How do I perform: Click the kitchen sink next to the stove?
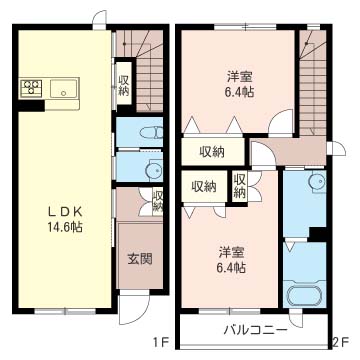[x=63, y=89]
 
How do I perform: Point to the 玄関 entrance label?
[x=139, y=259]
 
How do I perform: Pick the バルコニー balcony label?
[x=255, y=331]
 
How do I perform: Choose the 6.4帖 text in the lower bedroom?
[x=232, y=267]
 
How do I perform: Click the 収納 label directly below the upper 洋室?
[x=211, y=151]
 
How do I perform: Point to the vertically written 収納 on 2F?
[x=240, y=185]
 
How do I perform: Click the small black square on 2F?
[x=317, y=234]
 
